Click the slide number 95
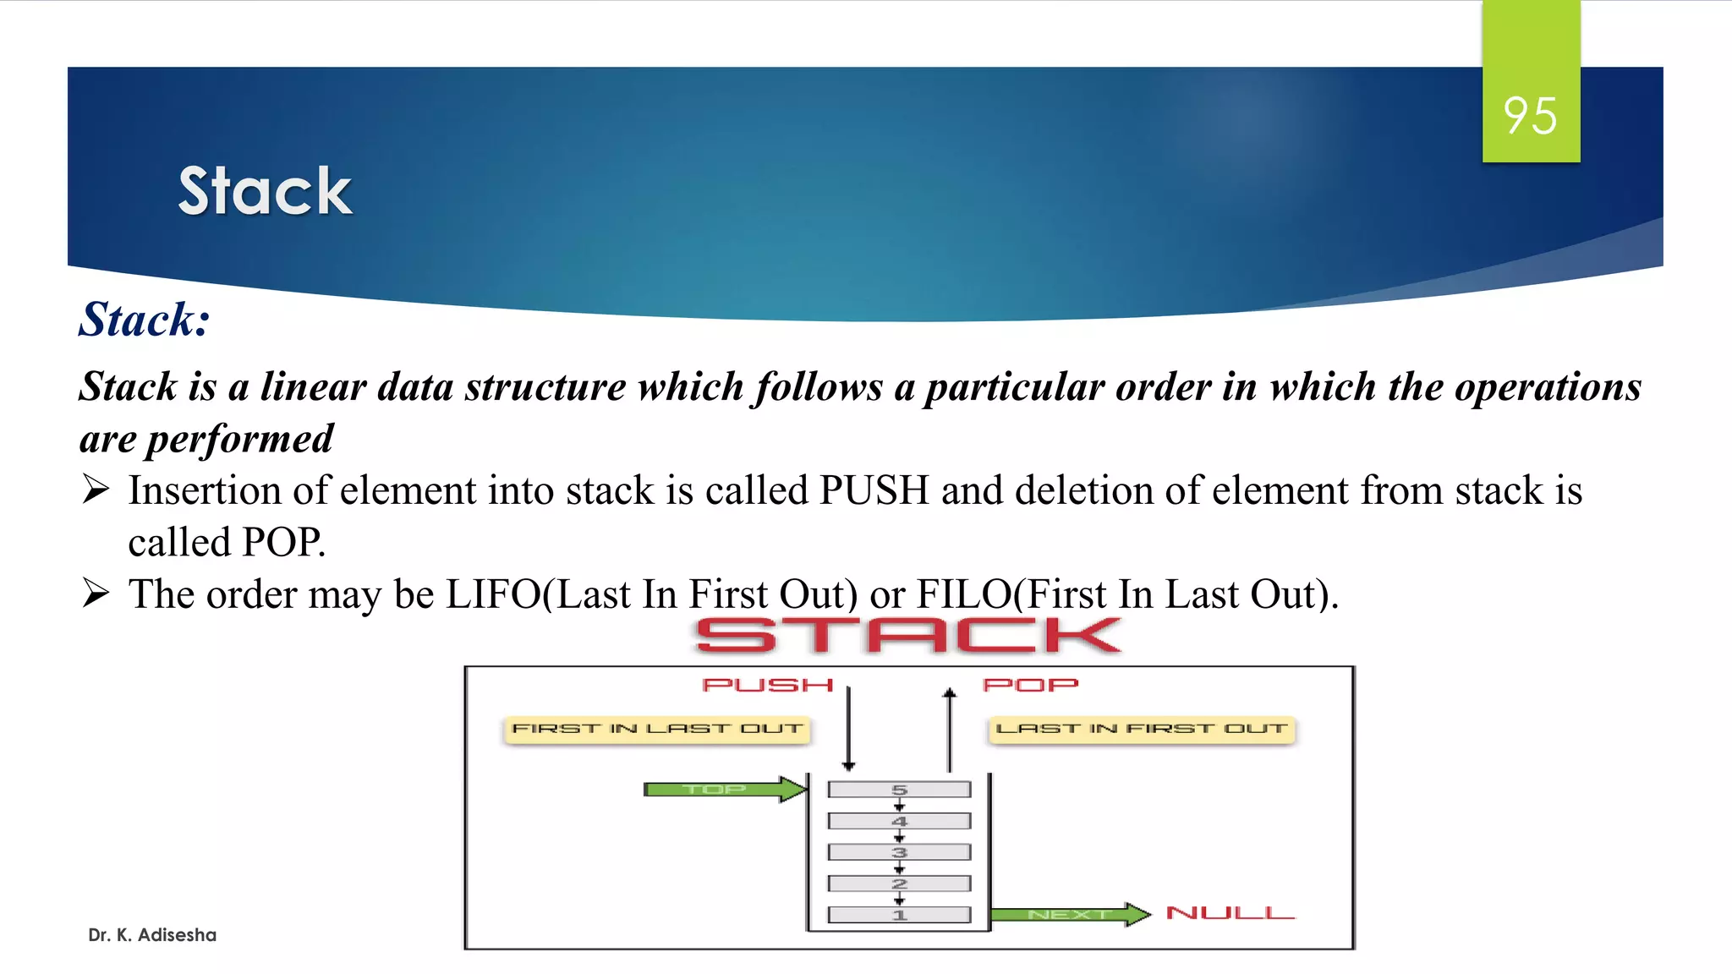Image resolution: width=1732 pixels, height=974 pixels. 1530,115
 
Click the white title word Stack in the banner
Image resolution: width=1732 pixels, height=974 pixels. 265,191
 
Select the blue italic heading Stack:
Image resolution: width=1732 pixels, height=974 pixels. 144,320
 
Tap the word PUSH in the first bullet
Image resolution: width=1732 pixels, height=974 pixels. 874,490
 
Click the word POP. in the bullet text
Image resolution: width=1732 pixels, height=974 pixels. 283,542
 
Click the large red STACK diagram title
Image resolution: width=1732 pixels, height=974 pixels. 908,635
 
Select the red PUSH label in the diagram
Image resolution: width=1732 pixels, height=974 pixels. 767,685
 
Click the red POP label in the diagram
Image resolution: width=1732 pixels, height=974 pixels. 1030,685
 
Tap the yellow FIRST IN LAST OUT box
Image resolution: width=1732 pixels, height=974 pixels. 657,729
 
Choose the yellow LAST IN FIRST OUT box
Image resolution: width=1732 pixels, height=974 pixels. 1141,729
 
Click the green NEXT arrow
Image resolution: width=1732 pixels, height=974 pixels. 1070,914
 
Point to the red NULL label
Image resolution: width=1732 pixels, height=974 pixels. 1230,913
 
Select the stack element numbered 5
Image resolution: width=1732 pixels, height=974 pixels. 899,790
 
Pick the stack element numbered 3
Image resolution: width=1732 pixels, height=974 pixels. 899,852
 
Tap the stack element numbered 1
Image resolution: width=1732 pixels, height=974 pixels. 899,915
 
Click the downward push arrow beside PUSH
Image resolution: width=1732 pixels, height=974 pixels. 849,727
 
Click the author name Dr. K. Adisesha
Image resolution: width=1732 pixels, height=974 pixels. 152,935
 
